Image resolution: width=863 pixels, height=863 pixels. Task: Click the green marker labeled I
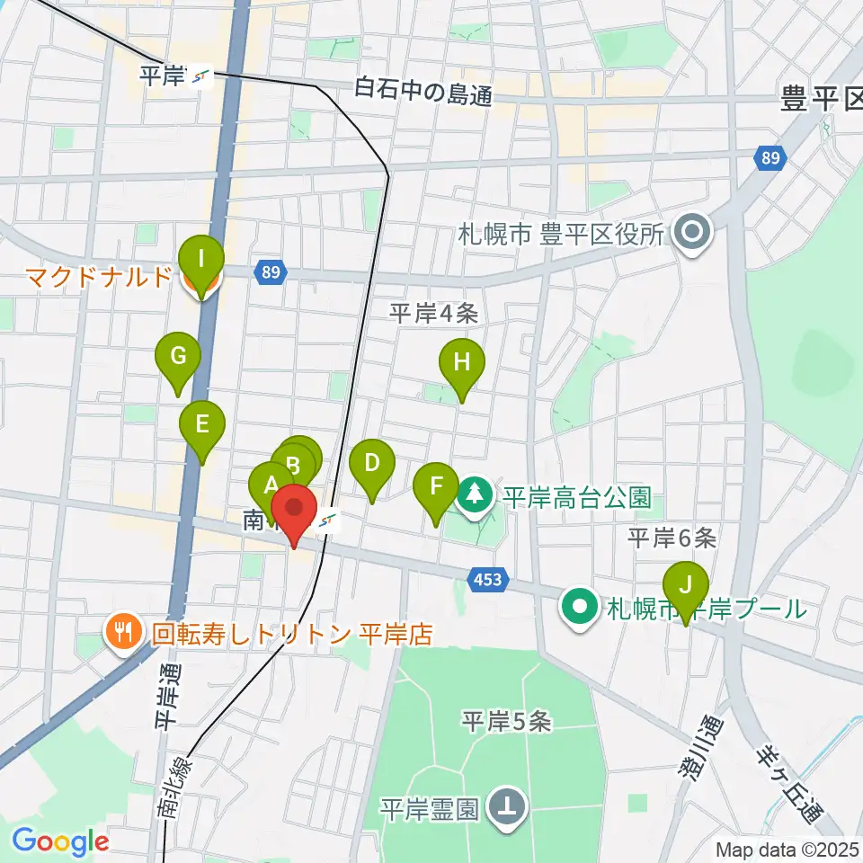point(200,262)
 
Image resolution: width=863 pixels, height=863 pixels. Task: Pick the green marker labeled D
point(371,465)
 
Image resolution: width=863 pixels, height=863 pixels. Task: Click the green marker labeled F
point(436,488)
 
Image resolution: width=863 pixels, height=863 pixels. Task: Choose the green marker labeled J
point(686,587)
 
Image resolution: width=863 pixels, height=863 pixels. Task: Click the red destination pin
point(293,511)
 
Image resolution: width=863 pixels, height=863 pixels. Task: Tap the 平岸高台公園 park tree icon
point(476,493)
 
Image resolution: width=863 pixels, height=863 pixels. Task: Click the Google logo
point(59,842)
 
